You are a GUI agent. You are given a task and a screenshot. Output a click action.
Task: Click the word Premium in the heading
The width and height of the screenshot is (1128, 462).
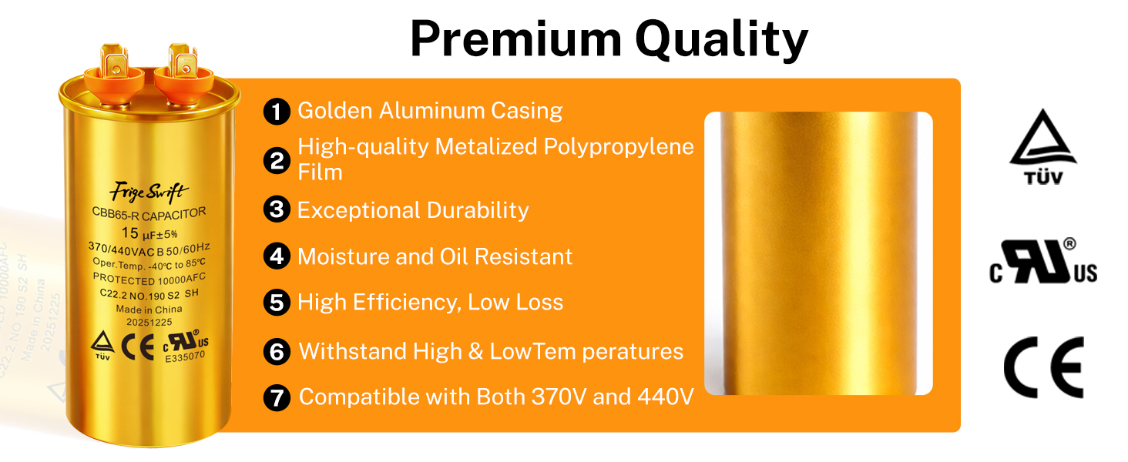tap(516, 38)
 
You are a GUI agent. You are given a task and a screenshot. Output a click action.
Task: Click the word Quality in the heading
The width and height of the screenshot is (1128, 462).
tap(722, 41)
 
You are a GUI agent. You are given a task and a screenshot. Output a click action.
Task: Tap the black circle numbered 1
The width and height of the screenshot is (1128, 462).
tap(277, 111)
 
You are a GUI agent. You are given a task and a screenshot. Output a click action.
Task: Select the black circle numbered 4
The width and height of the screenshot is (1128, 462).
tap(277, 256)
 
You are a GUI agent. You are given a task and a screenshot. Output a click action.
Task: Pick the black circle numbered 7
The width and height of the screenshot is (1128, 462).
tap(277, 397)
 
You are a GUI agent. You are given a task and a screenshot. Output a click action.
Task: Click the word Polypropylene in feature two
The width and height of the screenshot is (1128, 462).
tap(619, 148)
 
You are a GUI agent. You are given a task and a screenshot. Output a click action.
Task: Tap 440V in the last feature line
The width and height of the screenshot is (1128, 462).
tap(666, 397)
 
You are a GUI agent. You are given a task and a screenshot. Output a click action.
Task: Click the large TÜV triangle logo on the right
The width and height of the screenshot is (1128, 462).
tap(1043, 146)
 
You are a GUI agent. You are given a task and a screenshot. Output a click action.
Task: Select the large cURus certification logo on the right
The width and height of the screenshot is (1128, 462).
tap(1043, 261)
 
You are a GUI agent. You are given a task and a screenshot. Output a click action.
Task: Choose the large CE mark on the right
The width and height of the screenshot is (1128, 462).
tap(1043, 367)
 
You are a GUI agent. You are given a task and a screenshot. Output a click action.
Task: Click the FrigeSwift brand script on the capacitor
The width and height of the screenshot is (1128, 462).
tap(149, 192)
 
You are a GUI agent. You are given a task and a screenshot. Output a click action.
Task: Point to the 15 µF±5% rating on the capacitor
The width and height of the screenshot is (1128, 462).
tap(149, 233)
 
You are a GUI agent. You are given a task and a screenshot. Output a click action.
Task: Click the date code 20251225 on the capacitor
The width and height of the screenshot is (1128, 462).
tap(149, 322)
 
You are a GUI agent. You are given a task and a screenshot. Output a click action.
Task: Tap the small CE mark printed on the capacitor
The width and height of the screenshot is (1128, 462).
tap(138, 346)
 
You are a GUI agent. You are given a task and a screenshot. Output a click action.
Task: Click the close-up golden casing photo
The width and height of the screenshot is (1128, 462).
tap(818, 253)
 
